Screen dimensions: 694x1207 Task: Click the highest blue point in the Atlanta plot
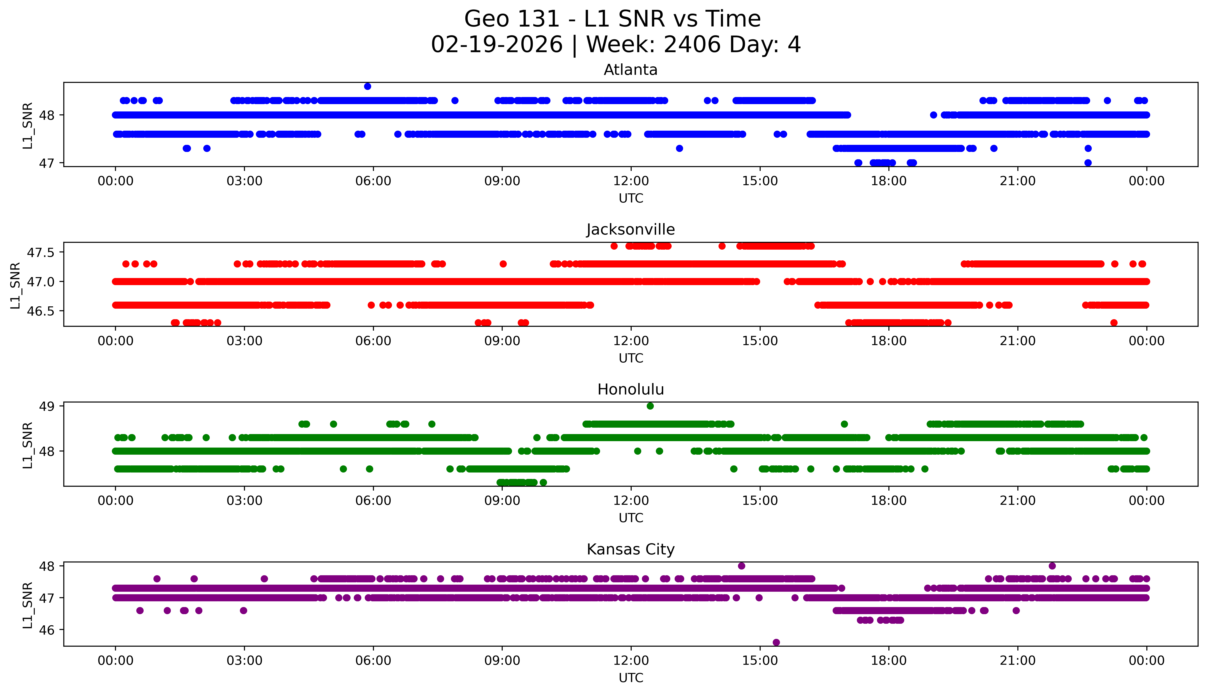point(367,86)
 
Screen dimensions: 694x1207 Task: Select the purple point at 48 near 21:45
point(1052,566)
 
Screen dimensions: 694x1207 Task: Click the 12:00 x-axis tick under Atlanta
point(631,181)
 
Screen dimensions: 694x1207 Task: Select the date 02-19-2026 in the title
point(497,45)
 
